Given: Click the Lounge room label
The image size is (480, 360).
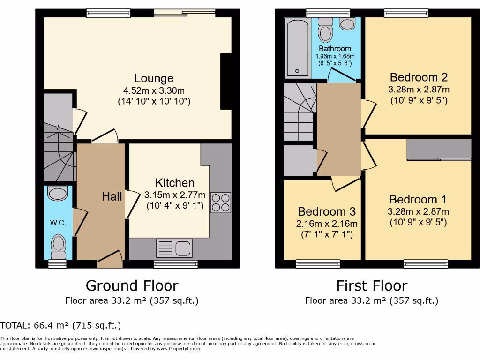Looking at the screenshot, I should pos(154,78).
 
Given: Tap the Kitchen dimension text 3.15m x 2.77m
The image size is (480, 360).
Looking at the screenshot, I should pos(175,195).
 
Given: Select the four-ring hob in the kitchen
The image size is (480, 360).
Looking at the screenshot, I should pos(221,202).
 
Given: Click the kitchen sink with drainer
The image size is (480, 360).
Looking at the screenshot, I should pos(174,247).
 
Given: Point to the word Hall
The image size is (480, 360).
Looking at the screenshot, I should pos(112,196).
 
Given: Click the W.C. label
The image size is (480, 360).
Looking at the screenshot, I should pos(58,222).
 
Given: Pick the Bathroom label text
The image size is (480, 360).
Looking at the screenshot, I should pos(335,49).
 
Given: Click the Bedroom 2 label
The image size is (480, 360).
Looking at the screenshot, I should pos(419,77).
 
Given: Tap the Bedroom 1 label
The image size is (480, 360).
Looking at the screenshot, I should pos(418,200).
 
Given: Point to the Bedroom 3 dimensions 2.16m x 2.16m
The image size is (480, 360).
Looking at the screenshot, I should pos(327,224).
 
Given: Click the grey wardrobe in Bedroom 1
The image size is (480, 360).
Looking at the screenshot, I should pos(439,150).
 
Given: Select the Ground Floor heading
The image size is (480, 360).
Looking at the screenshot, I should pos(132,285).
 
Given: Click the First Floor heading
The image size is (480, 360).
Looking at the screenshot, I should pos(372,285).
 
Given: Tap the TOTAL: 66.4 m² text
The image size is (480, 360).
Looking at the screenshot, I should pos(61,325).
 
